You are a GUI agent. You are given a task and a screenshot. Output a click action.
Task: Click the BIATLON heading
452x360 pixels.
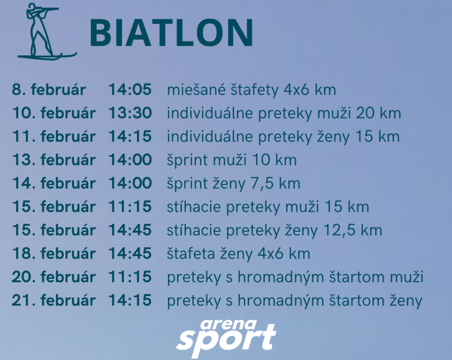172,33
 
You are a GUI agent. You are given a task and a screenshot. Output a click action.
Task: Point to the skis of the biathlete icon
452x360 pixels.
48,56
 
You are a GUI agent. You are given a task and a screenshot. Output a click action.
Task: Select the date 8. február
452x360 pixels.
49,89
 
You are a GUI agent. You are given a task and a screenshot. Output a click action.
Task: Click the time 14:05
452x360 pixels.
130,89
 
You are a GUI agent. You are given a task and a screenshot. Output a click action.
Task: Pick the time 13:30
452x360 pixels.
130,112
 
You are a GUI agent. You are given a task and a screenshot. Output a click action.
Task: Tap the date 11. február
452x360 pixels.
53,136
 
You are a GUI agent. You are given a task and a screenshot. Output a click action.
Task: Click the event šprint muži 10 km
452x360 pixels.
232,160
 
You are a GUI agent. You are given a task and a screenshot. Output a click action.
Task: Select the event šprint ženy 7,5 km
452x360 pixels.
234,184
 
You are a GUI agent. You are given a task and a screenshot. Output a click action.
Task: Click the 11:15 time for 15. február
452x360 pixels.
130,206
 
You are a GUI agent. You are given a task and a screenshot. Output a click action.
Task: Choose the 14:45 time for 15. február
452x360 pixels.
130,230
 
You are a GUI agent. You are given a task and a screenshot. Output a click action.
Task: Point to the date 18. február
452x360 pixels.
53,253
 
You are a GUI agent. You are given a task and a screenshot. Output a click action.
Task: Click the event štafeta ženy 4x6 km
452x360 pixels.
238,254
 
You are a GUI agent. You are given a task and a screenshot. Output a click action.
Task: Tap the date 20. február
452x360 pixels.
53,277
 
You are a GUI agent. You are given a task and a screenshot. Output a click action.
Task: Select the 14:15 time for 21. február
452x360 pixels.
130,300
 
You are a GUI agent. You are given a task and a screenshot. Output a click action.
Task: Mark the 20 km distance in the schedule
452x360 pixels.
378,113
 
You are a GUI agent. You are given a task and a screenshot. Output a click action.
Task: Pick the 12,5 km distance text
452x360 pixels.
353,230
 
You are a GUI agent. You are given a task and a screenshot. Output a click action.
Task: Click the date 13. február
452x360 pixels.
53,160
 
